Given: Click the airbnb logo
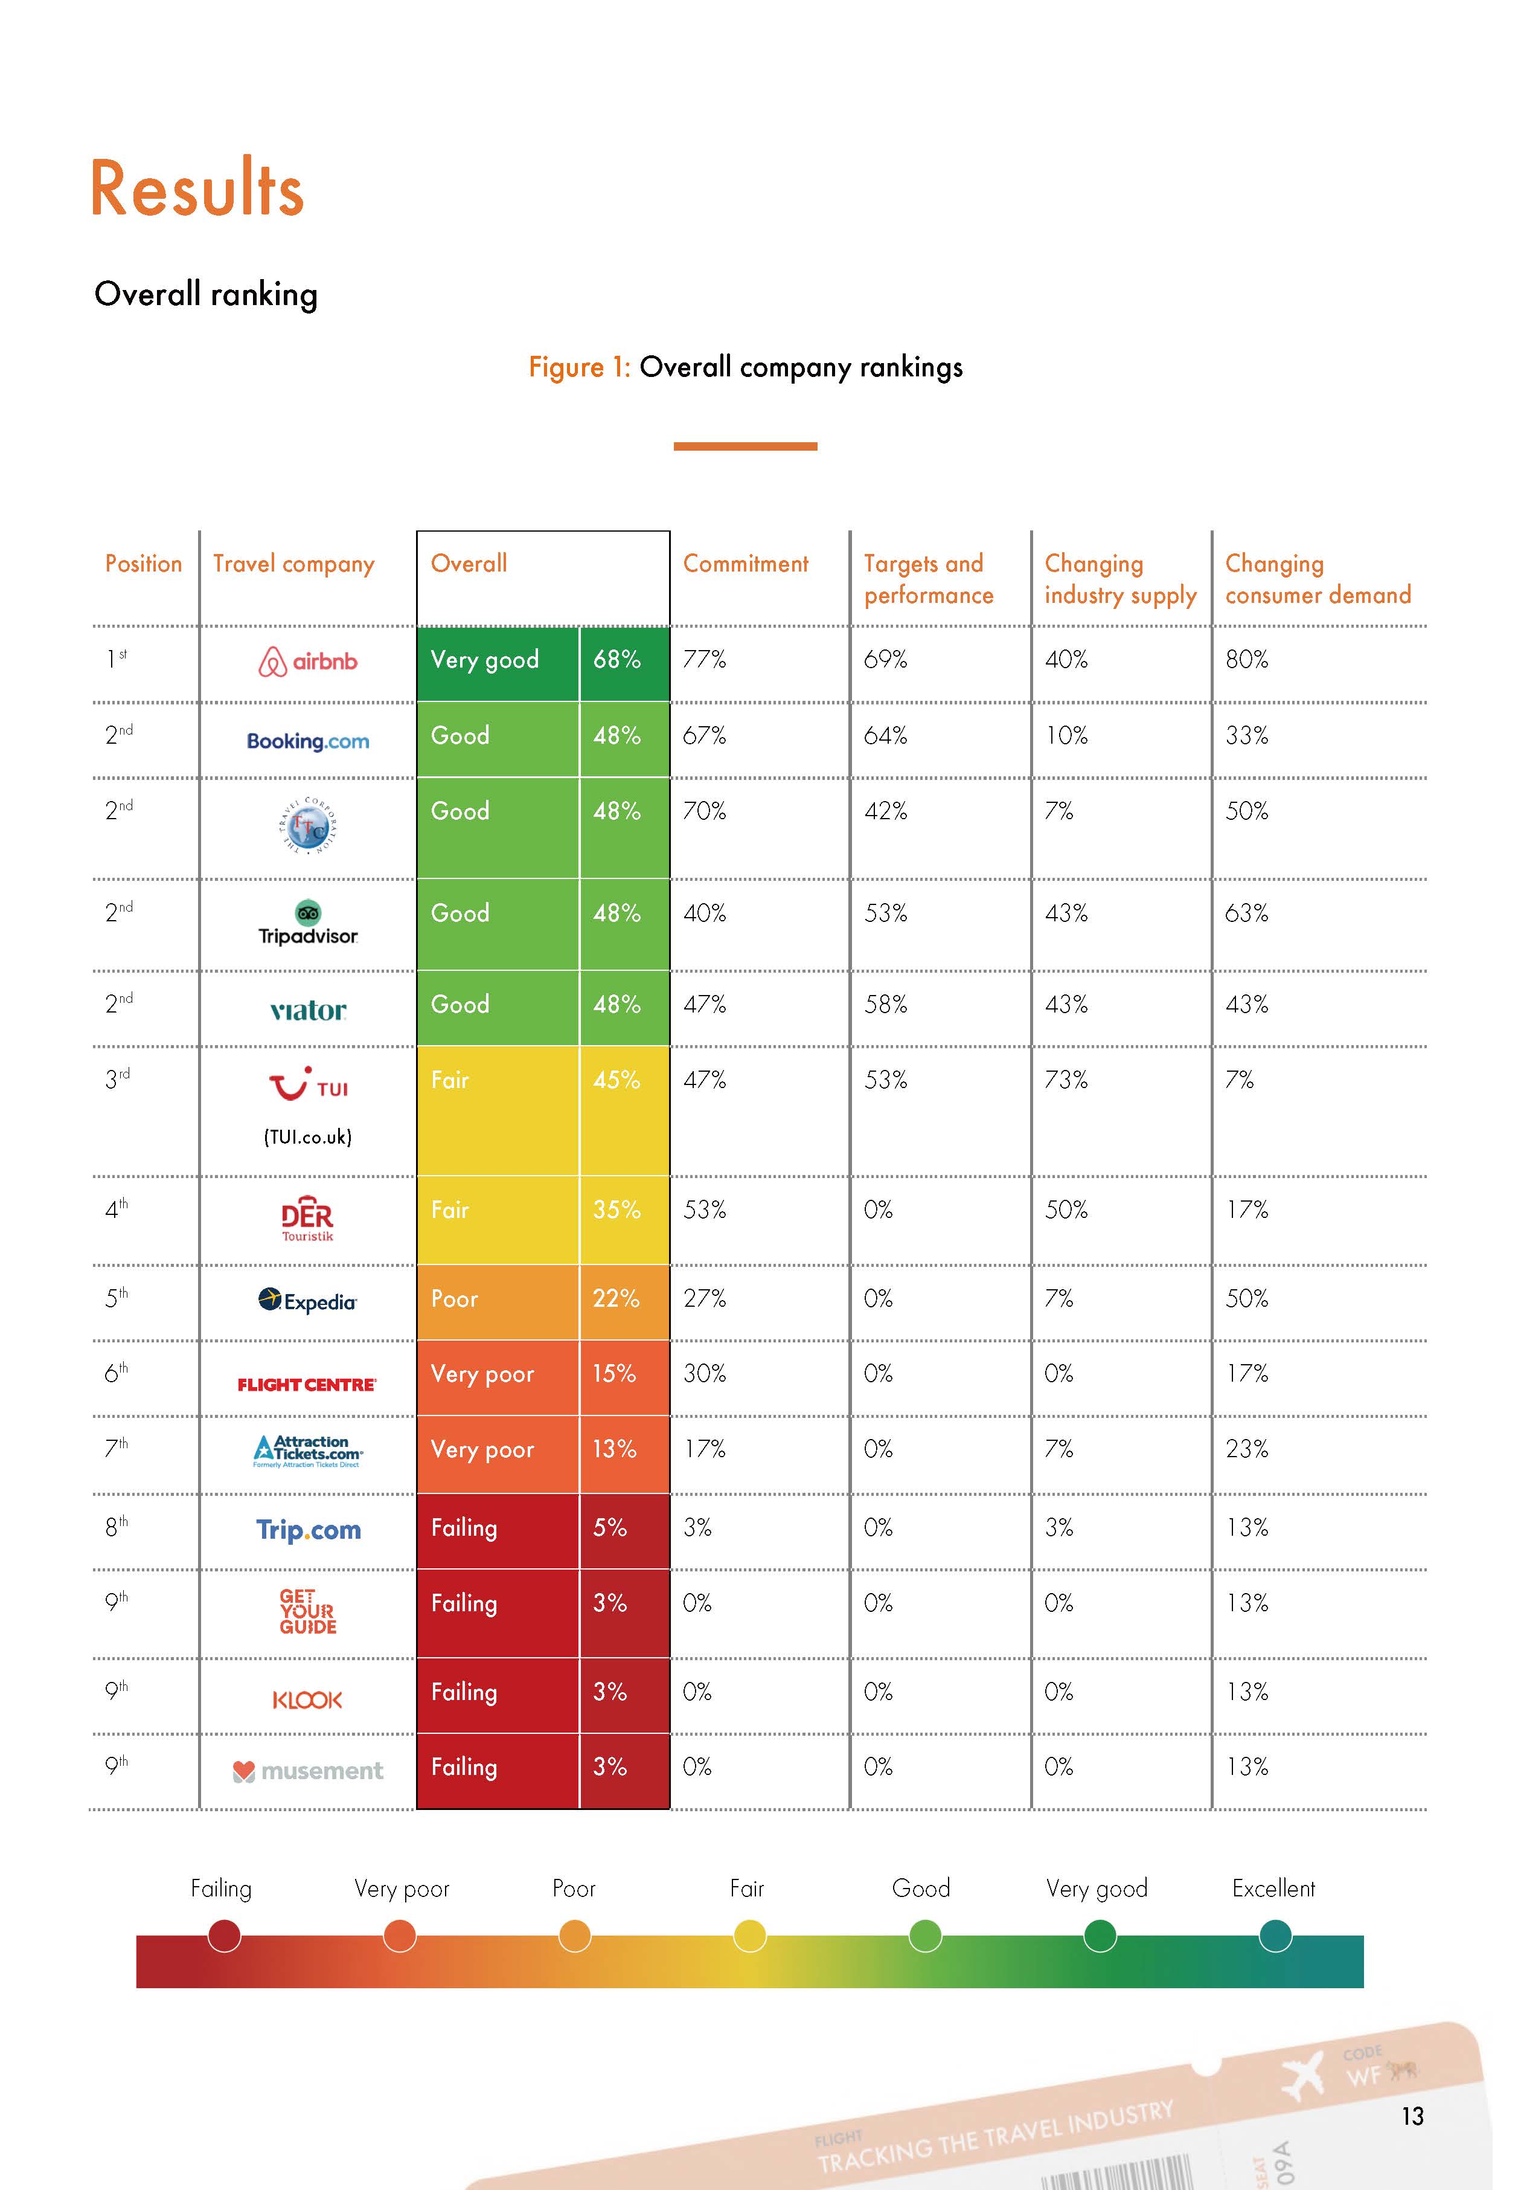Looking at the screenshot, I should click(308, 661).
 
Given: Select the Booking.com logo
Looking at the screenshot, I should click(308, 741).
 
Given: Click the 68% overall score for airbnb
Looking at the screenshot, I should click(617, 659).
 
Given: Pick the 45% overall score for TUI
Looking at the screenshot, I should click(617, 1080).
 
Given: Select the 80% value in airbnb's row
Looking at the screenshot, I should click(1247, 659).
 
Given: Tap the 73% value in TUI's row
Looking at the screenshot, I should click(1066, 1080).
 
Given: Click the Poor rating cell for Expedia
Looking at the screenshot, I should click(455, 1298).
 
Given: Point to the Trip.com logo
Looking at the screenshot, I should click(308, 1530).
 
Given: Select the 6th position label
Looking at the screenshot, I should click(116, 1373).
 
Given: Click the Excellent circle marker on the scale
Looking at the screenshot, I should click(1275, 1935).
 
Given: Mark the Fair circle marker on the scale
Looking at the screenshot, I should click(749, 1935).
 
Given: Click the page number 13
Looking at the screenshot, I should click(1412, 2116).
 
